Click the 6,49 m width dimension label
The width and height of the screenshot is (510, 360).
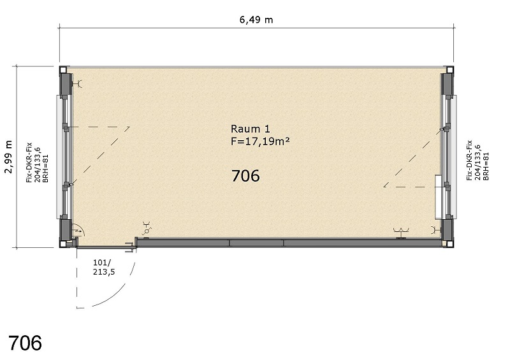click(x=256, y=20)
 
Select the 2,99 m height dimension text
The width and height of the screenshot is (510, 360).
click(x=8, y=157)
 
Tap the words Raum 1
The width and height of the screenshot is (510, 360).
click(x=250, y=129)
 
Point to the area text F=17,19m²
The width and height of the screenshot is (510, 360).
click(x=260, y=141)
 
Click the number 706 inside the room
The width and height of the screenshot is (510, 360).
click(x=245, y=176)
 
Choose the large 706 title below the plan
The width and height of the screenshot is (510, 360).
click(x=25, y=343)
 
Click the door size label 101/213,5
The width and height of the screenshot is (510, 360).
click(x=104, y=267)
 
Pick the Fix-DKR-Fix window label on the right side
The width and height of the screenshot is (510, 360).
click(x=477, y=160)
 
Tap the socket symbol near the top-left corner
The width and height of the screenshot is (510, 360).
click(x=78, y=84)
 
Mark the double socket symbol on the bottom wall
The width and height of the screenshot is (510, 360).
click(x=401, y=233)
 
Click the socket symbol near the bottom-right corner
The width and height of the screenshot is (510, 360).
click(x=435, y=230)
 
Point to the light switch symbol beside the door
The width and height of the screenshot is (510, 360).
click(x=146, y=228)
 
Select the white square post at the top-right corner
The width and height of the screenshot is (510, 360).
click(x=449, y=70)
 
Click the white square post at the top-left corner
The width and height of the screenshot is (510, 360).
click(x=62, y=70)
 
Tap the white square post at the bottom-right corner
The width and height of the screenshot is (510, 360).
click(x=449, y=243)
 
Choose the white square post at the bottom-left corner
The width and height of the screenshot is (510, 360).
click(x=62, y=244)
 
